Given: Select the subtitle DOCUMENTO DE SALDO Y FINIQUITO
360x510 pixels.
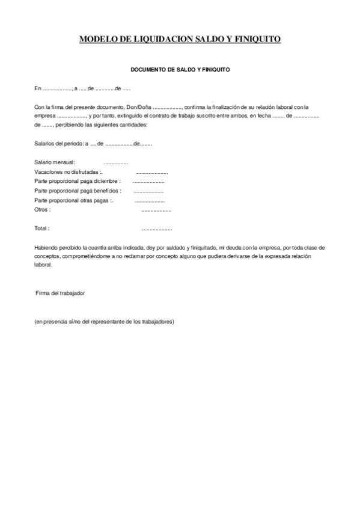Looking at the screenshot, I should pyautogui.click(x=180, y=70).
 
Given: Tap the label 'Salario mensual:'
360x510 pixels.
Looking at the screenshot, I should pyautogui.click(x=55, y=162).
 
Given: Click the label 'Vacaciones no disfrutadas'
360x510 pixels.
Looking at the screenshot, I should pyautogui.click(x=67, y=172).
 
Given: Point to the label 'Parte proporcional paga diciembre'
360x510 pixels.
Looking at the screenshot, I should pyautogui.click(x=77, y=181).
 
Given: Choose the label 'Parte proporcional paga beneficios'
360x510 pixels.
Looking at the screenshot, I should pyautogui.click(x=78, y=191).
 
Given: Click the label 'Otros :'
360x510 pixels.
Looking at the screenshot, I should pyautogui.click(x=43, y=209).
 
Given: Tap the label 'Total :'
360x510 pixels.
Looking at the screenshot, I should pyautogui.click(x=42, y=229).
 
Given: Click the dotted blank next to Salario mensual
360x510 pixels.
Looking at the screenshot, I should pyautogui.click(x=115, y=163).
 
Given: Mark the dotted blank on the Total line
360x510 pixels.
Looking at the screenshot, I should pyautogui.click(x=156, y=229).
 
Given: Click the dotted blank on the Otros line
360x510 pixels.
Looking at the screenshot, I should pyautogui.click(x=156, y=210).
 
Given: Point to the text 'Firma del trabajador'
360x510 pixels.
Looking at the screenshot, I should pyautogui.click(x=60, y=293).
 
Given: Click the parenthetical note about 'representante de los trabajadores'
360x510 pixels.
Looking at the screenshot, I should pyautogui.click(x=104, y=322).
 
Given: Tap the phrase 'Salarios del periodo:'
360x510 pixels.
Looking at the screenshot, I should pyautogui.click(x=59, y=144).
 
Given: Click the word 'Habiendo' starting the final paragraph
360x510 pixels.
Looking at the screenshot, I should pyautogui.click(x=47, y=248).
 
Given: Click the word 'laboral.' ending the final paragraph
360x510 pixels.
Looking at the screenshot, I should pyautogui.click(x=44, y=265).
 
